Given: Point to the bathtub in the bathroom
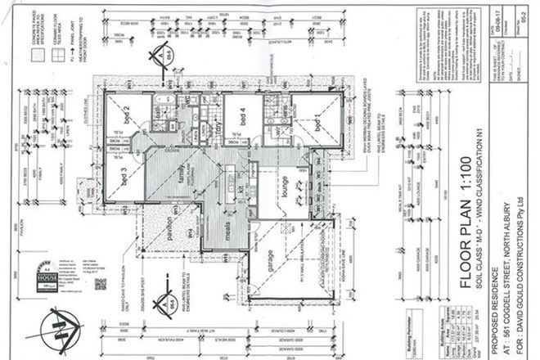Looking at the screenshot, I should (155, 105).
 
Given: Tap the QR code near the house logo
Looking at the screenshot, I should (101, 285).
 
